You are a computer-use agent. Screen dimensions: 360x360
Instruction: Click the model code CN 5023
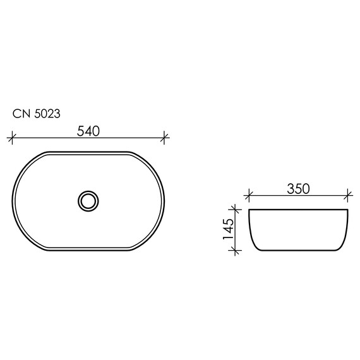[x=36, y=114]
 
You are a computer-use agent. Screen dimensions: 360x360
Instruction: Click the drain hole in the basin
[x=88, y=201]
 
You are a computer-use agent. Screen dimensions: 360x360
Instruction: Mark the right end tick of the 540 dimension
[x=165, y=136]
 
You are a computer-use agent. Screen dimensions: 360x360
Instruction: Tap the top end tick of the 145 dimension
[x=236, y=210]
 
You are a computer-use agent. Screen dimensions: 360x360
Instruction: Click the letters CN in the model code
[x=20, y=114]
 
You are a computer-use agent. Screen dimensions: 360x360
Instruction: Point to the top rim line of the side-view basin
[x=299, y=210]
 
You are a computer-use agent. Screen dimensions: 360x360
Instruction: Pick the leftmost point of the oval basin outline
[x=13, y=201]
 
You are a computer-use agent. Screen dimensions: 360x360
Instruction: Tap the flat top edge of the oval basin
[x=88, y=152]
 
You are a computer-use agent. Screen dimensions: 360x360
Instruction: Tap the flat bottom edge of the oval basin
[x=88, y=250]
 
